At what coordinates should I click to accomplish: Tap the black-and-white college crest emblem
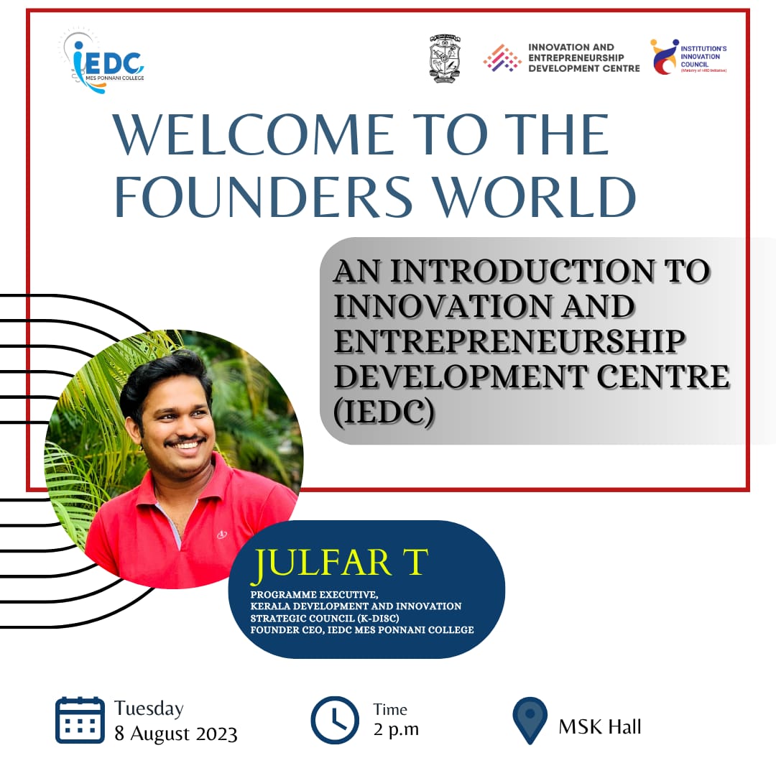point(445,58)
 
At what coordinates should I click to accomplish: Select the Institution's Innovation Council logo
point(688,57)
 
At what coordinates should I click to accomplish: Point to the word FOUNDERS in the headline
point(263,196)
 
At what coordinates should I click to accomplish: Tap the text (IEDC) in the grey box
point(384,411)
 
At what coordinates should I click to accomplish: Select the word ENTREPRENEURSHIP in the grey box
point(509,341)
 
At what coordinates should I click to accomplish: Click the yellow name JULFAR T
point(339,563)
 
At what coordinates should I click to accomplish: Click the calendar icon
point(80,720)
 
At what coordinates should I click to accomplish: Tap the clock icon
point(335,720)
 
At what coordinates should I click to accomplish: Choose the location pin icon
point(530,720)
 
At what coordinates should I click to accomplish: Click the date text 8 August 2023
point(176,734)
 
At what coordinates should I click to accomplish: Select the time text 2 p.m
point(397,729)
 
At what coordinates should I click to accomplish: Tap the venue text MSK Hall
point(600,726)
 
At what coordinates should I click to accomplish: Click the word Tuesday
point(149,708)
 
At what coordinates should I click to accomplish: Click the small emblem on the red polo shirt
point(222,535)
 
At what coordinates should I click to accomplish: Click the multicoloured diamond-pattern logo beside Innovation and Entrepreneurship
point(502,58)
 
